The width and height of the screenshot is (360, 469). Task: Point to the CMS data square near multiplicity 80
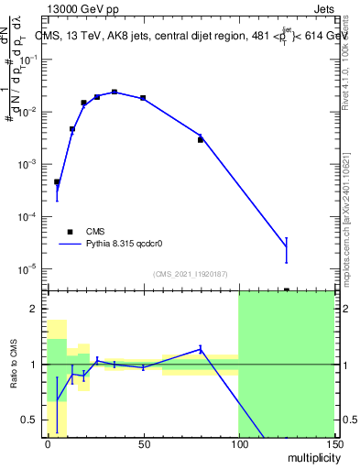tap(201, 139)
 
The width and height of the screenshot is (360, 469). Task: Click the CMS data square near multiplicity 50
tap(143, 97)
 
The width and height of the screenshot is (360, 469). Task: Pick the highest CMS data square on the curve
tap(115, 92)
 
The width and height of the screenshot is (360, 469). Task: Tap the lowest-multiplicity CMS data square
tap(57, 182)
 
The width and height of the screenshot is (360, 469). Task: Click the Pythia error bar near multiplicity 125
tap(286, 249)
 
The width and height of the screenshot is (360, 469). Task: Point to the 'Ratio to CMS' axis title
tap(13, 365)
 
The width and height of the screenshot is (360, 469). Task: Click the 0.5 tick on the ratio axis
tap(34, 420)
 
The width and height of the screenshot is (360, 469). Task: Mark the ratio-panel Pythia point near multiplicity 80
tap(201, 349)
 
